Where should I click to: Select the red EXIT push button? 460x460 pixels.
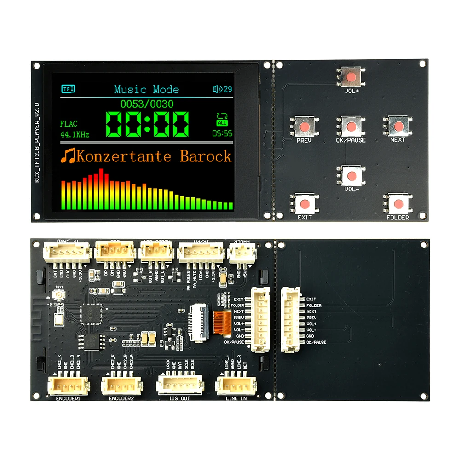[304, 203]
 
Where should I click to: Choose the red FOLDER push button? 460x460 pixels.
[397, 203]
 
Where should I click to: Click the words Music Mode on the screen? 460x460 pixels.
[146, 89]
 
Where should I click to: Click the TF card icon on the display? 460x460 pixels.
[68, 89]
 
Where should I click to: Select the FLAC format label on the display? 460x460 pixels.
[69, 124]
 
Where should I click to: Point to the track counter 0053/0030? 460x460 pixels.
[147, 103]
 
